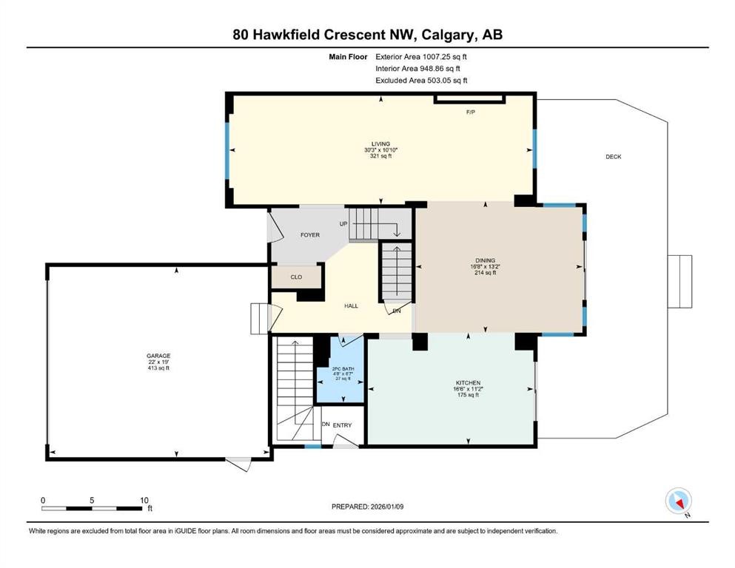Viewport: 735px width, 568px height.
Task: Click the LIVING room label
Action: pos(380,144)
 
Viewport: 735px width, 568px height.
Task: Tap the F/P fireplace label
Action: pos(469,112)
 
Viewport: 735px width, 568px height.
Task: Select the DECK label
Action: pos(613,157)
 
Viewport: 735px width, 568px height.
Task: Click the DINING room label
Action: pos(485,260)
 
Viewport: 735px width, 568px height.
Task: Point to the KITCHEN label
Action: pos(468,382)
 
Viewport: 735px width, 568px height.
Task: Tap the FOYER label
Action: pos(309,235)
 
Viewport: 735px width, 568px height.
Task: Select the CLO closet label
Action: pos(296,277)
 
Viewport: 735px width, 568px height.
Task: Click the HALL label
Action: pos(351,305)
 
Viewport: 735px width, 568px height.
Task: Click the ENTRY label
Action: pos(342,425)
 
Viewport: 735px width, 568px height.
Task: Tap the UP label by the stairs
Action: pos(343,223)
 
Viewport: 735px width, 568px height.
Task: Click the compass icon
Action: pos(678,501)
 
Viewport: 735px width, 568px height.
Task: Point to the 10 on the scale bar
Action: pos(144,500)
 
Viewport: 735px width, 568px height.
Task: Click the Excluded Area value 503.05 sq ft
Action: pos(442,81)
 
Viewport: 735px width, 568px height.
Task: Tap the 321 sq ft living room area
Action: pos(380,156)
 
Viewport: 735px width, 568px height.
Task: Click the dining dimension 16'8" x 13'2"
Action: pos(485,267)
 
